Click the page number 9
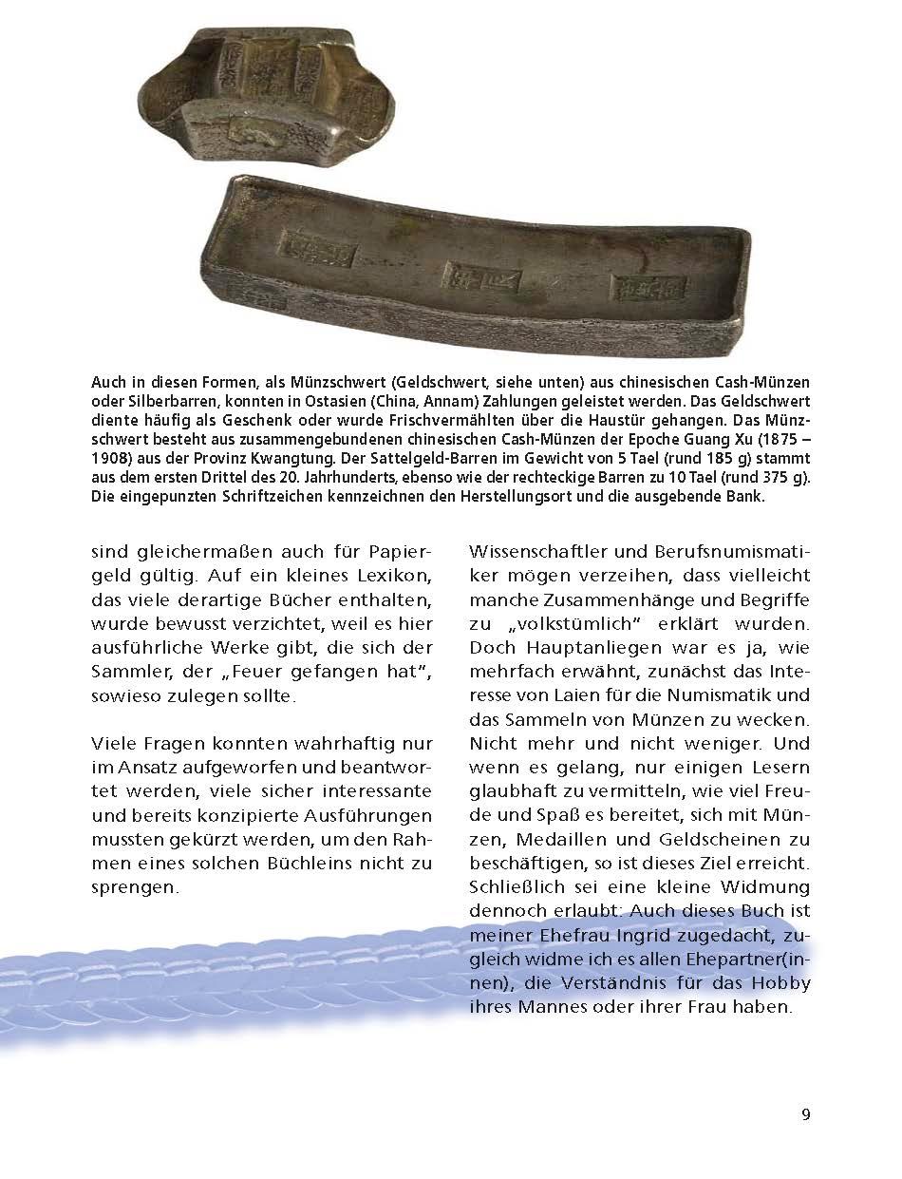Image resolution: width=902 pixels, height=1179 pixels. pyautogui.click(x=805, y=1115)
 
